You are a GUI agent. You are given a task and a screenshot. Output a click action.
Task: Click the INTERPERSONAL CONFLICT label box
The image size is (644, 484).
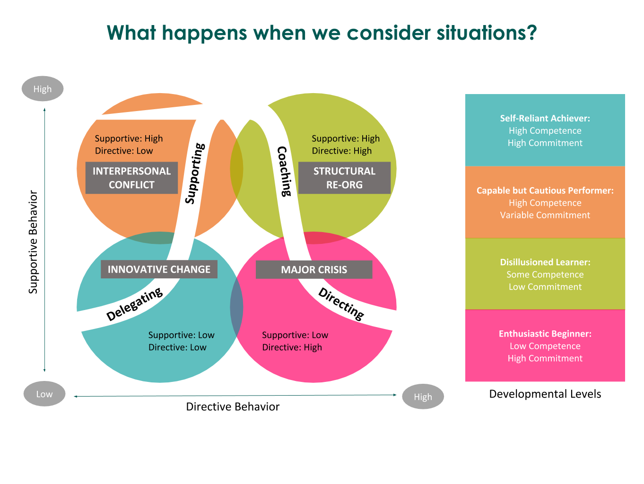pyautogui.click(x=131, y=178)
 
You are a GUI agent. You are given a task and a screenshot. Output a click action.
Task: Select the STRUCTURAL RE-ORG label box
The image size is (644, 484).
pyautogui.click(x=344, y=178)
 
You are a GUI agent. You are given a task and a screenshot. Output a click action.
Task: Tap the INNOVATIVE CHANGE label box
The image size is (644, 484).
pyautogui.click(x=159, y=269)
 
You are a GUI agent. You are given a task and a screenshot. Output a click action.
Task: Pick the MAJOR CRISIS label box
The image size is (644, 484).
pyautogui.click(x=314, y=270)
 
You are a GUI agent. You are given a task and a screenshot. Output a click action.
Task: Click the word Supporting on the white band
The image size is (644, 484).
pyautogui.click(x=195, y=173)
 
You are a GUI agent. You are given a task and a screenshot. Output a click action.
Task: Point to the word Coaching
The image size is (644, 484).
pyautogui.click(x=284, y=171)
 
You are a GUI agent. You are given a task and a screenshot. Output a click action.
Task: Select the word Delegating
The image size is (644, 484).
pyautogui.click(x=135, y=305)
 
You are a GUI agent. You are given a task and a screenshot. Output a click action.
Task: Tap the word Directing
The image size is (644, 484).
pyautogui.click(x=341, y=304)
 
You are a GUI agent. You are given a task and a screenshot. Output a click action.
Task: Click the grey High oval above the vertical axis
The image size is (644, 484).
pyautogui.click(x=43, y=89)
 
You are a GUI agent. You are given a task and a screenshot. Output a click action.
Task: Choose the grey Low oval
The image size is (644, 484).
pyautogui.click(x=44, y=394)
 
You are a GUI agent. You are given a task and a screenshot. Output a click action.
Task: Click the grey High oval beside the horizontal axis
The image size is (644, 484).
pyautogui.click(x=423, y=397)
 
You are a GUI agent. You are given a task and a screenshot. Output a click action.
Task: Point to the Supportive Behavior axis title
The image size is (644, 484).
pyautogui.click(x=33, y=242)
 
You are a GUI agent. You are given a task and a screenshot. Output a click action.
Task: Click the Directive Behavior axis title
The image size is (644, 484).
pyautogui.click(x=233, y=406)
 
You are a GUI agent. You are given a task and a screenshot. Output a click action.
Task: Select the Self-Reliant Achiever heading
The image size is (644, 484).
pyautogui.click(x=545, y=118)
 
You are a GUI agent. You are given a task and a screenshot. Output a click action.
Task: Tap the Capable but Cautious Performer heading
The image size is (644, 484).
pyautogui.click(x=545, y=190)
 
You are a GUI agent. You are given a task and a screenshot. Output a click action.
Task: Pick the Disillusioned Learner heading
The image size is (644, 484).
pyautogui.click(x=545, y=262)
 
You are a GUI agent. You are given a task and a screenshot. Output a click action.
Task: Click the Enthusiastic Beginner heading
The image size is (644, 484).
pyautogui.click(x=545, y=334)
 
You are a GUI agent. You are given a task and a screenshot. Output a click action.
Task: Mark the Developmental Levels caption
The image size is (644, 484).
pyautogui.click(x=545, y=394)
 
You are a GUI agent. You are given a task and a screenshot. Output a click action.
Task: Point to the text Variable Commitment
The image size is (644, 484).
pyautogui.click(x=545, y=215)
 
